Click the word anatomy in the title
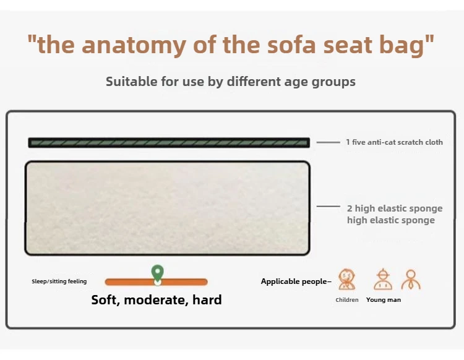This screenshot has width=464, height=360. click(x=134, y=45)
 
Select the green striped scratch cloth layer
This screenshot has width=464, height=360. click(x=169, y=143)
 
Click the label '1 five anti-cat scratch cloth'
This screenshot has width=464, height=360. click(x=395, y=142)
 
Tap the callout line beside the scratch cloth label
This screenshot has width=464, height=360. click(x=328, y=142)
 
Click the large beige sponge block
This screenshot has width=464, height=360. click(x=168, y=208)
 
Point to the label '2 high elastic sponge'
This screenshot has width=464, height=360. click(x=395, y=208)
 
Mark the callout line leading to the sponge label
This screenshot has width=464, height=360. click(x=329, y=206)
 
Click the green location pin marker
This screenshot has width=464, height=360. click(x=157, y=273)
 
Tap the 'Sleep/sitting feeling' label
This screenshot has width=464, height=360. click(x=59, y=281)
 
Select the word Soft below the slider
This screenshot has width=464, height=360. click(x=106, y=300)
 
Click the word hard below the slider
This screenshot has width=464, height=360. click(x=207, y=299)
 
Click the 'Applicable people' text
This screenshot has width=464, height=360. click(x=296, y=281)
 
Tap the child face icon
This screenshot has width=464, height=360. click(x=347, y=279)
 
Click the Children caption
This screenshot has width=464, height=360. click(x=347, y=300)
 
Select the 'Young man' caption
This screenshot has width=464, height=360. click(x=384, y=300)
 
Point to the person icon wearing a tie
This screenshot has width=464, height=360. click(x=411, y=280)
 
